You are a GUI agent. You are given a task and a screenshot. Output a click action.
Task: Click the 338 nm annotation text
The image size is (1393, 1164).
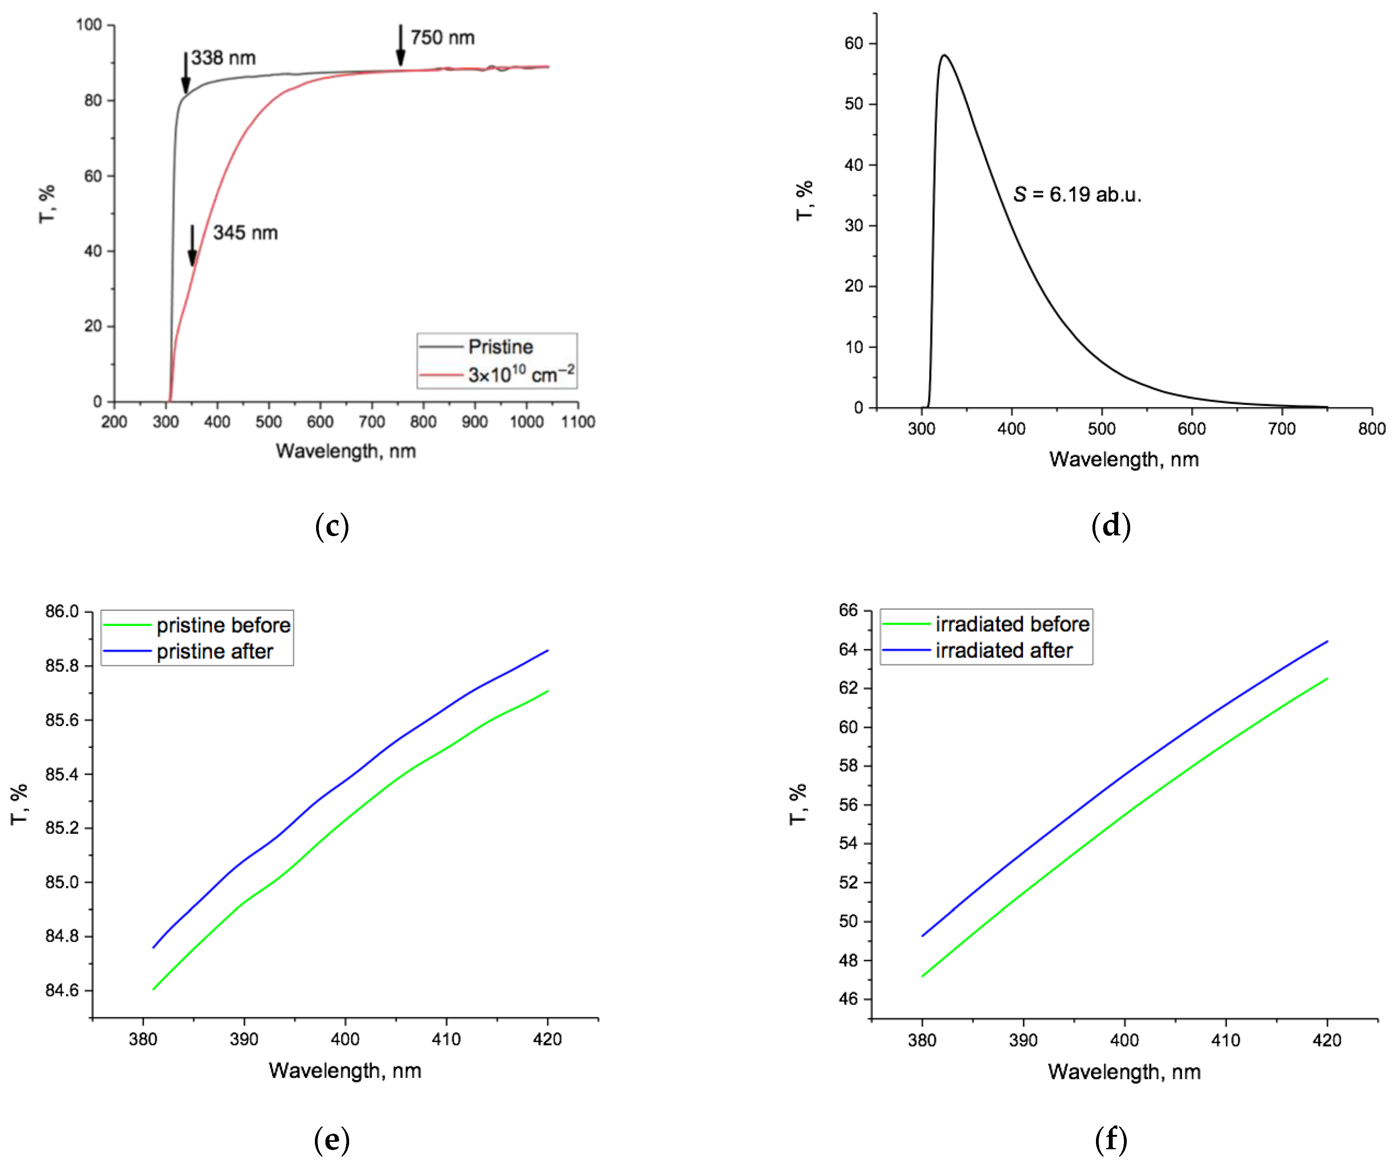click(x=223, y=58)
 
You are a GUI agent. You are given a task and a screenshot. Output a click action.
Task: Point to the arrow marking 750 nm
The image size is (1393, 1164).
click(x=401, y=45)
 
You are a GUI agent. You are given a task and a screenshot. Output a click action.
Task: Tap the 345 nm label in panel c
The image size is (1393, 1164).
click(x=245, y=233)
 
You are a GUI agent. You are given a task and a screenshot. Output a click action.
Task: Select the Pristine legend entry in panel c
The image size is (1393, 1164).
click(x=500, y=347)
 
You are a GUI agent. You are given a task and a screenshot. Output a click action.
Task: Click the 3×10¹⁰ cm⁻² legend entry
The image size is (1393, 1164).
click(x=521, y=375)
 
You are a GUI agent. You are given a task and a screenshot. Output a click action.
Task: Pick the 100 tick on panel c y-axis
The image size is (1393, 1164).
click(x=89, y=25)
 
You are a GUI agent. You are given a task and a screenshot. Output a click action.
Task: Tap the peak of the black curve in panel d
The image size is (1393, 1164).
click(x=943, y=56)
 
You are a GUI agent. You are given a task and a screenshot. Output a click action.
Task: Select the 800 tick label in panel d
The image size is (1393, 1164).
click(x=1371, y=429)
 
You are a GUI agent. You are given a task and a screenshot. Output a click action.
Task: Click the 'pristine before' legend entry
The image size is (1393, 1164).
click(x=223, y=626)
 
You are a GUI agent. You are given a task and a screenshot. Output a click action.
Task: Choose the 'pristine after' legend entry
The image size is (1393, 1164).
click(x=214, y=652)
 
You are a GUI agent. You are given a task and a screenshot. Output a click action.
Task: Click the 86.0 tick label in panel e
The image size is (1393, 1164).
click(x=62, y=612)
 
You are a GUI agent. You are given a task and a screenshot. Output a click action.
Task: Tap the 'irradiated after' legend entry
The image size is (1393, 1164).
click(x=1003, y=651)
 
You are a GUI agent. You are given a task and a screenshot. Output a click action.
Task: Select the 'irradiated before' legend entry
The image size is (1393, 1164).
click(x=1012, y=624)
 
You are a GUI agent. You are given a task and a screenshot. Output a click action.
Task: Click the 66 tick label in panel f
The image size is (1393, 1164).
click(x=848, y=610)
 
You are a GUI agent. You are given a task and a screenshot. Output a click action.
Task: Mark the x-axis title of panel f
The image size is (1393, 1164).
click(x=1124, y=1072)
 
